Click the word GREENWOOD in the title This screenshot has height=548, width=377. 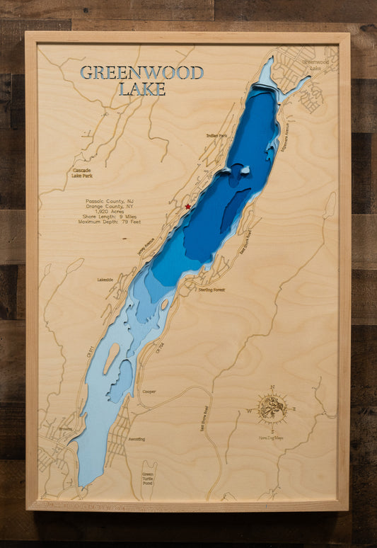tap(141, 72)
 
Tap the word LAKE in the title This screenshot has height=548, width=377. tap(141, 89)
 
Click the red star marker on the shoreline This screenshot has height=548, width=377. tap(187, 207)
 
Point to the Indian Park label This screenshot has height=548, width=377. tap(216, 135)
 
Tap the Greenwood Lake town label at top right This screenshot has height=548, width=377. tap(316, 65)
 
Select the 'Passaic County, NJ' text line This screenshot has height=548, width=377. tap(109, 201)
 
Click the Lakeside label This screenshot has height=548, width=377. tap(105, 280)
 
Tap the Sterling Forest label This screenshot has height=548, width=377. tap(211, 290)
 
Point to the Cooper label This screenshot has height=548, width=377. tap(149, 392)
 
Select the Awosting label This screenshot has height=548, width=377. tap(137, 439)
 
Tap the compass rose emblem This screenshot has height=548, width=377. tap(272, 409)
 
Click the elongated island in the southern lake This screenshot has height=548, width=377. tap(111, 358)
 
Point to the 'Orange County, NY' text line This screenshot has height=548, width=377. tap(109, 207)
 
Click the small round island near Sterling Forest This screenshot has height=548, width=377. tap(165, 304)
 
